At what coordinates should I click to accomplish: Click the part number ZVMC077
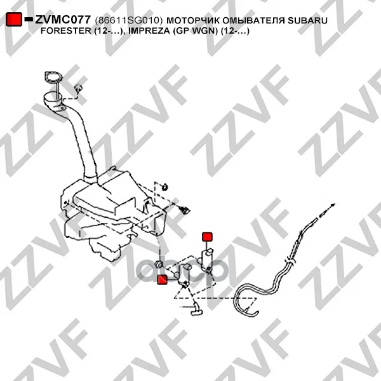click(x=63, y=20)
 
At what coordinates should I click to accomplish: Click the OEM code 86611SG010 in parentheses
click(x=129, y=20)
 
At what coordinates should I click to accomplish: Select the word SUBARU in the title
click(x=307, y=20)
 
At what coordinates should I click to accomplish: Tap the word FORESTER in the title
click(x=65, y=31)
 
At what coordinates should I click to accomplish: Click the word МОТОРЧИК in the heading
click(x=193, y=20)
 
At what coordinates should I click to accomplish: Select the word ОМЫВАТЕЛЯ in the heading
click(x=253, y=20)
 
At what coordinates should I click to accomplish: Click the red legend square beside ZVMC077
click(x=14, y=19)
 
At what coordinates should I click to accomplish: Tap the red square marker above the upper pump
click(x=207, y=237)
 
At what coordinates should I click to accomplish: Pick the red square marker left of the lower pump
click(x=162, y=279)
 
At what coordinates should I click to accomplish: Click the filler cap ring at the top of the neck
click(x=53, y=77)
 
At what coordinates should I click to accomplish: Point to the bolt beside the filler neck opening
click(x=78, y=88)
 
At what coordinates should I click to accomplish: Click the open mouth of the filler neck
click(x=53, y=97)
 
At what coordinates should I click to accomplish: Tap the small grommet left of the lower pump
click(x=159, y=264)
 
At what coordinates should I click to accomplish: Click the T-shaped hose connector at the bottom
click(x=196, y=309)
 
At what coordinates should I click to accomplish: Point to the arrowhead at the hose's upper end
click(x=333, y=205)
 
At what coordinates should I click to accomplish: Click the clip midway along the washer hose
click(x=291, y=261)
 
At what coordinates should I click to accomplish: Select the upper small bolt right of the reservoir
click(x=165, y=187)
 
